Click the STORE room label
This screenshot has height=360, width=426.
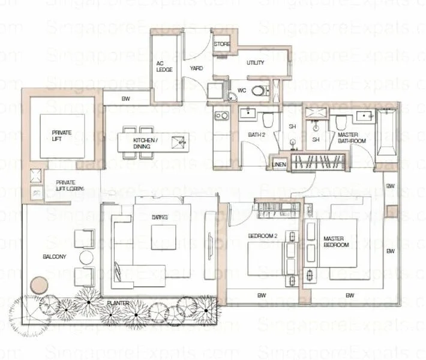pos(222,44)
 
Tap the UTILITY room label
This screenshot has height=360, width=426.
pos(255,63)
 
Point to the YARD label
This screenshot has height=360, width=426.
pos(196,68)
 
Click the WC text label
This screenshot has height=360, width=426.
pos(242,91)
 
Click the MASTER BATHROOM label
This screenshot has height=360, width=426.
pos(348,138)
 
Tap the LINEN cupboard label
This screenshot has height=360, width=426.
pos(278,164)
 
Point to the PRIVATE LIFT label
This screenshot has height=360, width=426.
pos(61,136)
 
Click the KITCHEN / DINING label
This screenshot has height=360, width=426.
pos(146,143)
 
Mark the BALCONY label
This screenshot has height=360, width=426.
pos(55,257)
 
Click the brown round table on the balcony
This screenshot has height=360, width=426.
pos(40,283)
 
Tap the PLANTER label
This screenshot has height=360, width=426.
pos(118,304)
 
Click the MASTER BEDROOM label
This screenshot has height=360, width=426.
pos(336,241)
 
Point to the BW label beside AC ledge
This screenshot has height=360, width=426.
pos(126,98)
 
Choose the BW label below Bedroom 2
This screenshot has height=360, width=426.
pos(262,295)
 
